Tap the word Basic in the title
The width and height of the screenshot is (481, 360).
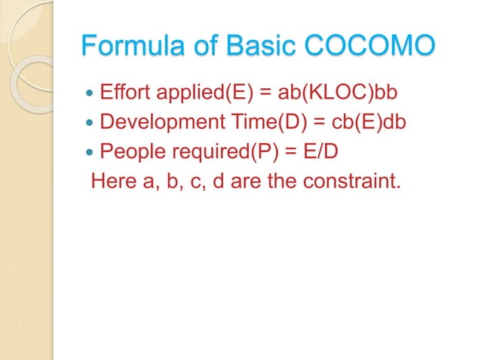[265, 46]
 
